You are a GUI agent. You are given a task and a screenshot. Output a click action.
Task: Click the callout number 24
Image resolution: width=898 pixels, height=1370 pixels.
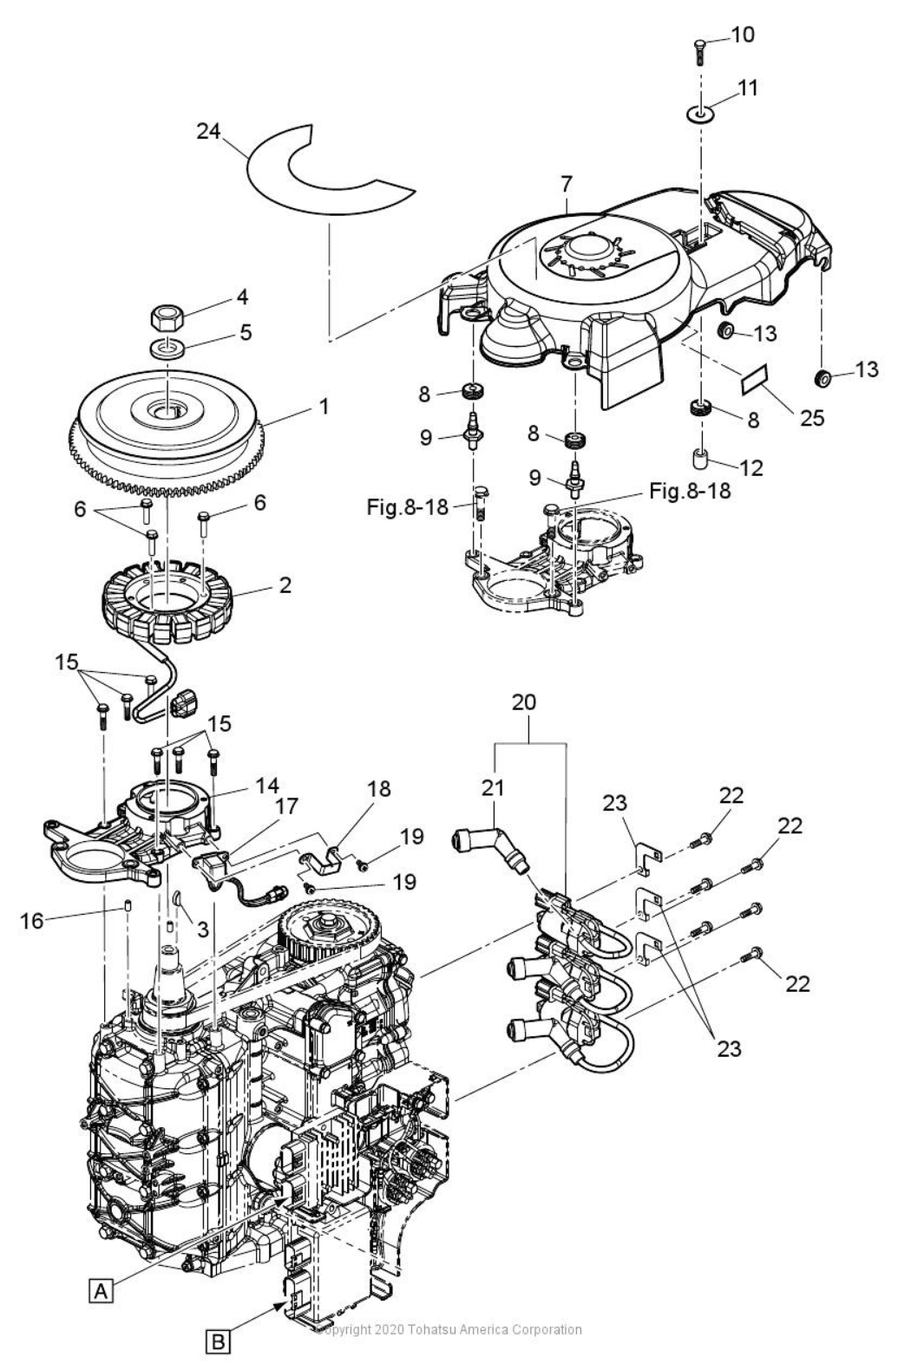[208, 131]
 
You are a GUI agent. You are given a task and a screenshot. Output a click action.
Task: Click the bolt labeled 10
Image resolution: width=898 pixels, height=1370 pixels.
[698, 47]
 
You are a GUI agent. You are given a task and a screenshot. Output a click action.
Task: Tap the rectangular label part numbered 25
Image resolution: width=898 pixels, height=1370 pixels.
[754, 379]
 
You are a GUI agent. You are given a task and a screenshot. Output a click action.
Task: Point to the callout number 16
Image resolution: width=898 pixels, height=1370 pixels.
[32, 920]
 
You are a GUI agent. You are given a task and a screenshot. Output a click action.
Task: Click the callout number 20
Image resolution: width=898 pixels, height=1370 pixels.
[523, 701]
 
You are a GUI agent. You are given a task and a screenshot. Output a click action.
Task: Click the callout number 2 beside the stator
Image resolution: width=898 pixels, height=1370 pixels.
[285, 585]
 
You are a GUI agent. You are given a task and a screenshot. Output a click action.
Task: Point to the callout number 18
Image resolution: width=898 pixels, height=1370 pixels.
[379, 789]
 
